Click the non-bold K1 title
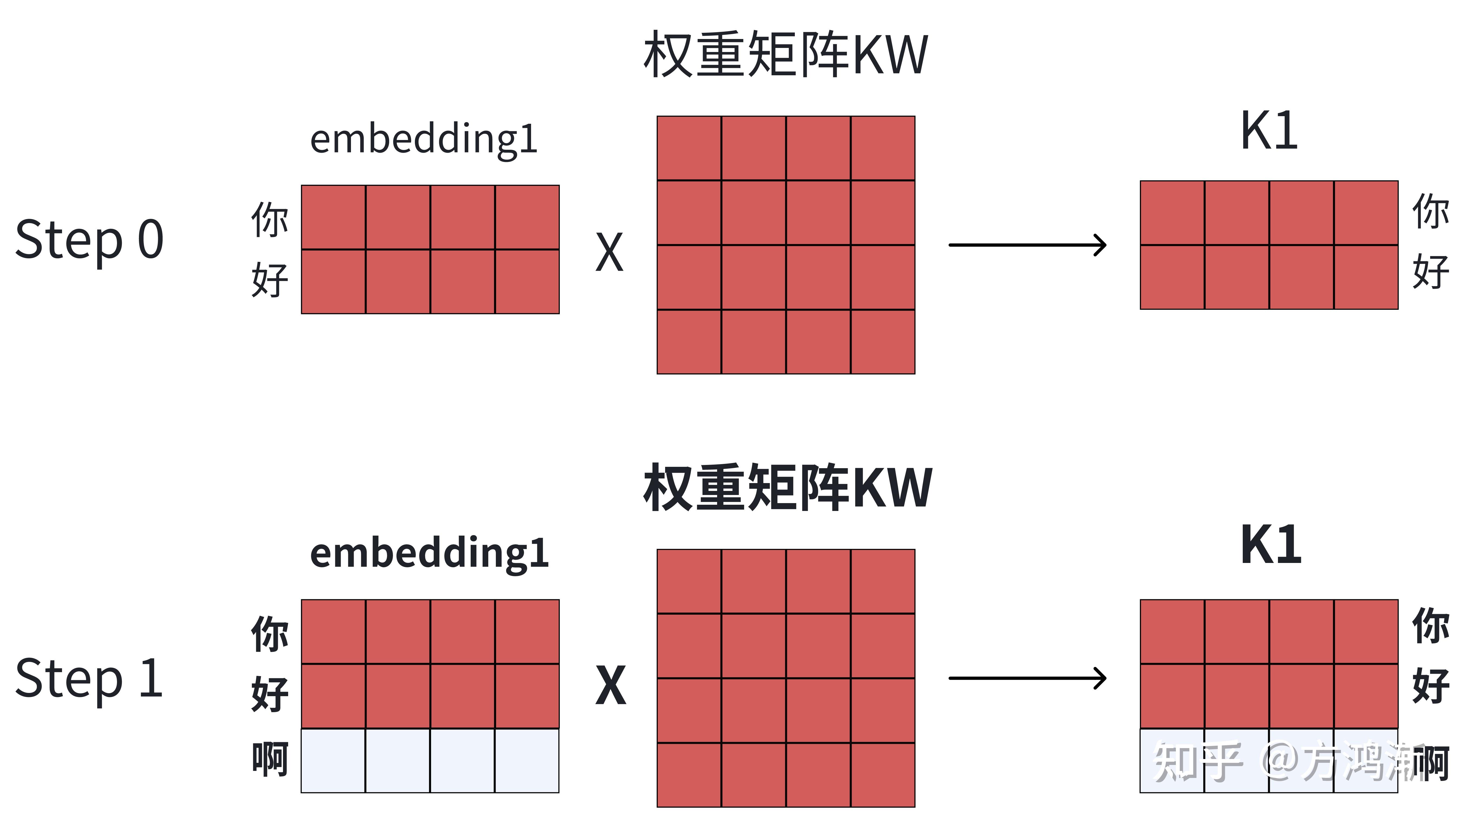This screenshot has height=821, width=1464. point(1269,131)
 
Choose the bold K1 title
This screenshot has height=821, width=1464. point(1271,545)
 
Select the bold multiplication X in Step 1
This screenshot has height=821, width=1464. point(610,686)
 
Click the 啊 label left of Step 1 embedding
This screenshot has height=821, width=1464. point(270,760)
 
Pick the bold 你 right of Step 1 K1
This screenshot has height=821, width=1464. point(1430,625)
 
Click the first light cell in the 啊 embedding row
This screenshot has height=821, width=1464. point(333,760)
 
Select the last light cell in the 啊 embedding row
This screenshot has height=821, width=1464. point(527,760)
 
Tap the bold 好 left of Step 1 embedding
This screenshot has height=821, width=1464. point(270,694)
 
